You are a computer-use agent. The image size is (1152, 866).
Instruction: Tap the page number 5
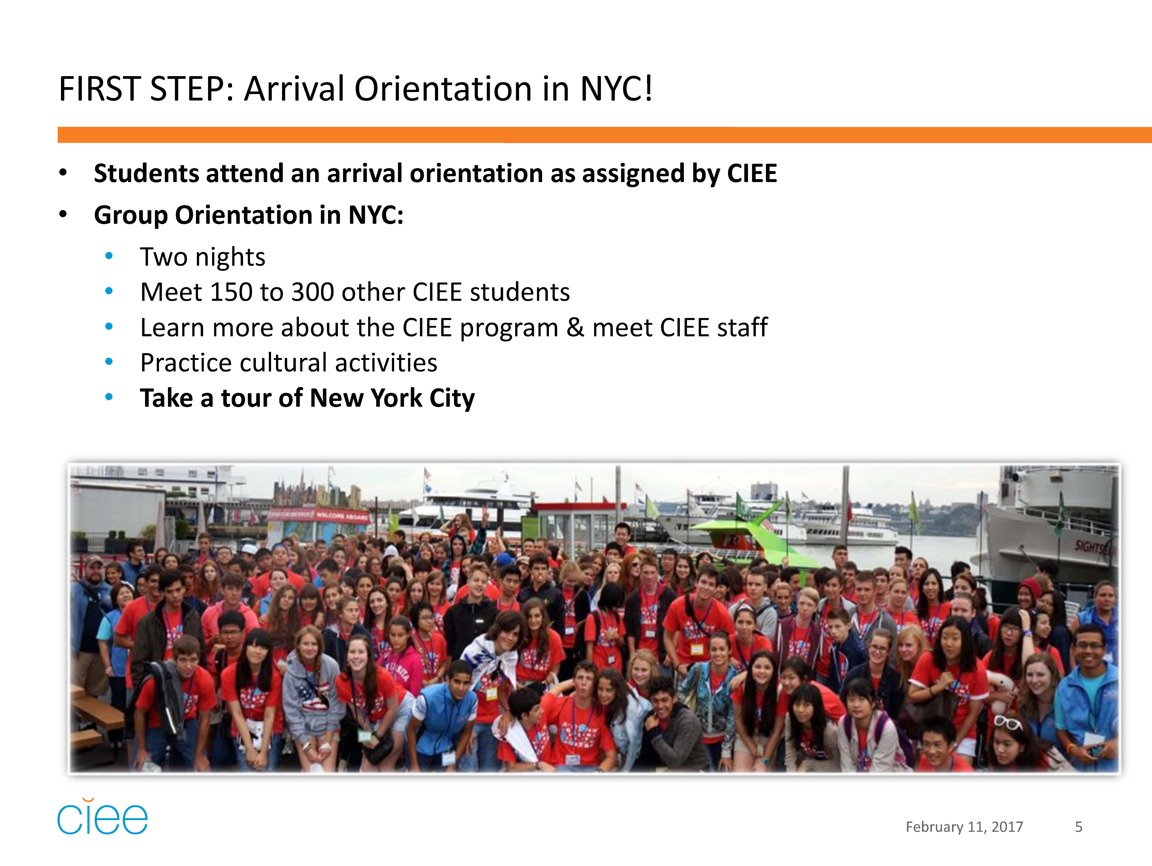(1079, 827)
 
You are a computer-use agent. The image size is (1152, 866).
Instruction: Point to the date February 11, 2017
(964, 827)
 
